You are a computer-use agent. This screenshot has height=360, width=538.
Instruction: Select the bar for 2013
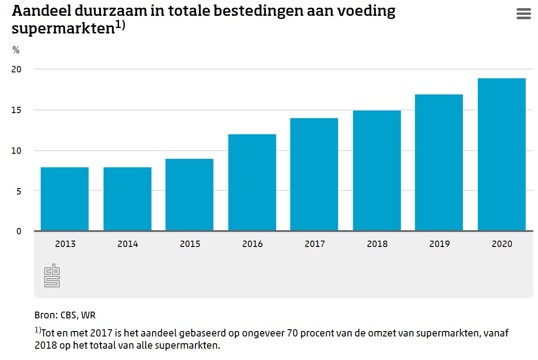tap(65, 199)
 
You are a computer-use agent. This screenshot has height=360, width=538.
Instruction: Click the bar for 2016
tap(252, 183)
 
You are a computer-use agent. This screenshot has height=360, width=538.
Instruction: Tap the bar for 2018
tap(377, 171)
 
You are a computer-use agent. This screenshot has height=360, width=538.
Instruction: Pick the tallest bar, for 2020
tap(501, 155)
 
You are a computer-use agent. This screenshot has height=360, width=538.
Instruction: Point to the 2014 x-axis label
tap(128, 244)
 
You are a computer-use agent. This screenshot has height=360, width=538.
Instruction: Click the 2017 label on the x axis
tap(314, 244)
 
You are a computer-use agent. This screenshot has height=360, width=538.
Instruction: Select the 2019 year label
tap(439, 244)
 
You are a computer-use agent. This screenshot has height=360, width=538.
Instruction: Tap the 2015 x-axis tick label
tap(190, 244)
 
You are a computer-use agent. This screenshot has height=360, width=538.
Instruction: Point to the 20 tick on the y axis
tap(17, 69)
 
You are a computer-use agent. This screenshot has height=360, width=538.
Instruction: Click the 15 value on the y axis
tap(17, 110)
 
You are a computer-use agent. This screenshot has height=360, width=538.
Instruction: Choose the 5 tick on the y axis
tap(19, 191)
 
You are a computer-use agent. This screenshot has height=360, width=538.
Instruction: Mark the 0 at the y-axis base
tap(19, 231)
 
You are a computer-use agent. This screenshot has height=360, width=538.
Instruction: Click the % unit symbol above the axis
tap(16, 50)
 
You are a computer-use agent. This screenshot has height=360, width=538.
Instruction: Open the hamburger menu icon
tap(523, 14)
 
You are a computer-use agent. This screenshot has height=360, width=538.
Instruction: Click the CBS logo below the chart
tap(52, 275)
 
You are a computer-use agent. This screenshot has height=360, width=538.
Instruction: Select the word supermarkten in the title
tap(62, 28)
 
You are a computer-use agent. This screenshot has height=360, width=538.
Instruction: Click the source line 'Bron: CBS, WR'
tap(65, 315)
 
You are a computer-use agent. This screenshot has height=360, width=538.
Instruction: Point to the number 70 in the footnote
tap(292, 334)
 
